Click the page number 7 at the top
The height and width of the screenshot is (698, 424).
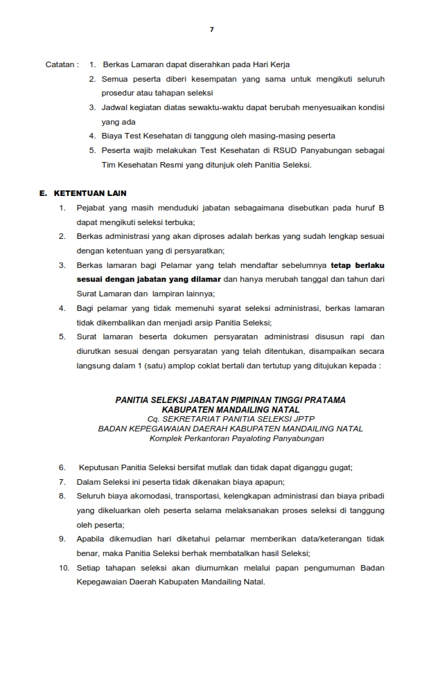coord(212,30)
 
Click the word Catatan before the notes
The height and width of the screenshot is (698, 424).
coord(60,64)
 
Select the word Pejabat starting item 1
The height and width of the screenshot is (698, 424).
coord(91,208)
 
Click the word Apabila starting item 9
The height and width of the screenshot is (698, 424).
coord(91,539)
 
